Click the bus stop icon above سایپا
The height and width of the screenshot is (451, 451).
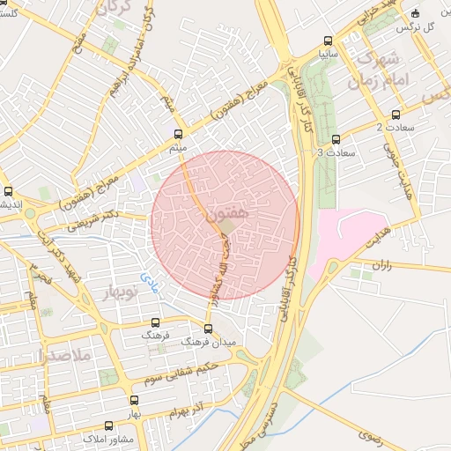329,41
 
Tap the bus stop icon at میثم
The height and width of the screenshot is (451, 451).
180,135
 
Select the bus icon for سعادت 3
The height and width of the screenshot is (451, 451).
336,138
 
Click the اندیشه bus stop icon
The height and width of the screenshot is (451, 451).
9,190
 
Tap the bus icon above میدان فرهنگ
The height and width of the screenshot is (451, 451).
208,329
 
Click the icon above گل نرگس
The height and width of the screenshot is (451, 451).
415,13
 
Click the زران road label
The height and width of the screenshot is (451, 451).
381,263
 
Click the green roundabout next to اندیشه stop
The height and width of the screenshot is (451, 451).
30,213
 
